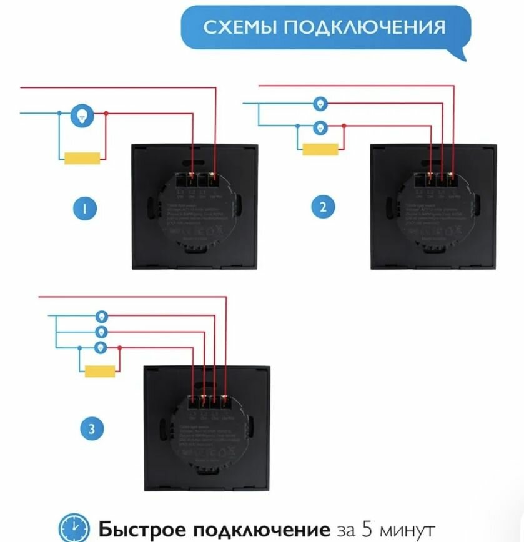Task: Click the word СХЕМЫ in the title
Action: click(239, 27)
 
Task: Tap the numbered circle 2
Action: click(322, 207)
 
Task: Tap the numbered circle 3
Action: click(92, 429)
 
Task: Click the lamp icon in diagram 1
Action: click(82, 114)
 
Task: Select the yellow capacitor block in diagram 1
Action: click(82, 159)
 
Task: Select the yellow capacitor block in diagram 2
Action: click(320, 149)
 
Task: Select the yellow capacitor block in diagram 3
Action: click(100, 371)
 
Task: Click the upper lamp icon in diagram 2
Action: click(320, 103)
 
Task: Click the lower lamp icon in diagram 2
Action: click(320, 127)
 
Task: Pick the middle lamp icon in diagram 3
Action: click(101, 332)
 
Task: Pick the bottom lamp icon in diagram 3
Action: click(101, 347)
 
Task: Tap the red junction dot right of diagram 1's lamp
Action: click(107, 113)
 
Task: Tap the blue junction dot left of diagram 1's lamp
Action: click(59, 113)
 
